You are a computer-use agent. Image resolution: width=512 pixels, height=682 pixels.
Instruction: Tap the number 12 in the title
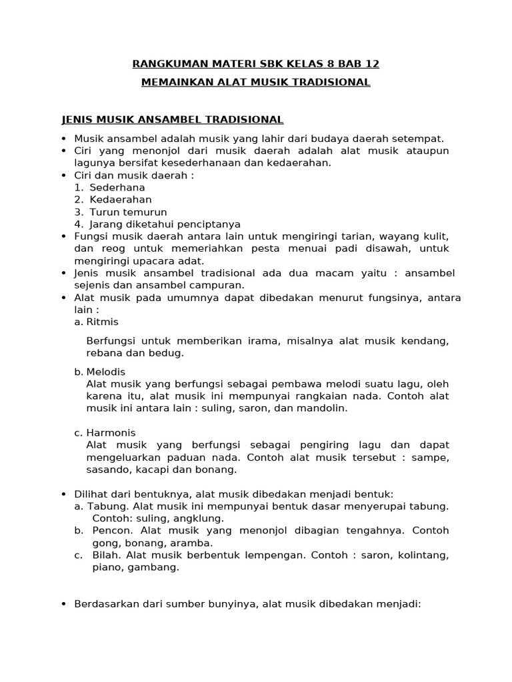371,64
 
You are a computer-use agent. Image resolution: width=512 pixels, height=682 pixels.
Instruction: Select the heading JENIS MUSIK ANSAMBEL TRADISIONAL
172,120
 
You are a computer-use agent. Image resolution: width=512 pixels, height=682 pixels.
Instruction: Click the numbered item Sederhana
117,188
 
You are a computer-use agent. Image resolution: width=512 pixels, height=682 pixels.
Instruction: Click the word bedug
169,353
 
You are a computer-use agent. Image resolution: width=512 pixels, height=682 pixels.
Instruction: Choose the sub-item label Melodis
106,372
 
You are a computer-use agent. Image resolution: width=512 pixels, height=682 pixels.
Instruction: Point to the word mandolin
325,408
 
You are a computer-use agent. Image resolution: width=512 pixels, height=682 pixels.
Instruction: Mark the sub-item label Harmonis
111,433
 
